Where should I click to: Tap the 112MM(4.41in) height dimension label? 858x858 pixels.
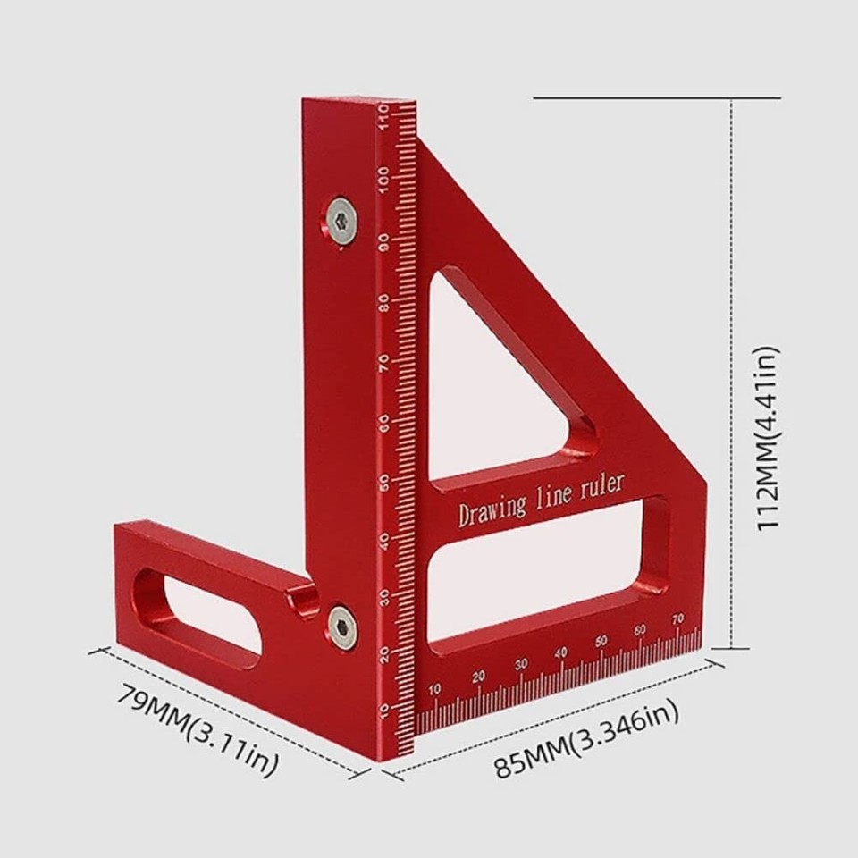[x=769, y=438]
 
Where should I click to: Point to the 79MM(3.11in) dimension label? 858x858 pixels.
[x=198, y=728]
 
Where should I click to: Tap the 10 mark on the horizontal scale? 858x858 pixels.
[x=435, y=689]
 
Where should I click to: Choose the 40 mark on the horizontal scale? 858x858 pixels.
[x=561, y=653]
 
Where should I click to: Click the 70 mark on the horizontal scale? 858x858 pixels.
[x=677, y=618]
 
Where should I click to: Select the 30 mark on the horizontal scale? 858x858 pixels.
[x=521, y=664]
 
